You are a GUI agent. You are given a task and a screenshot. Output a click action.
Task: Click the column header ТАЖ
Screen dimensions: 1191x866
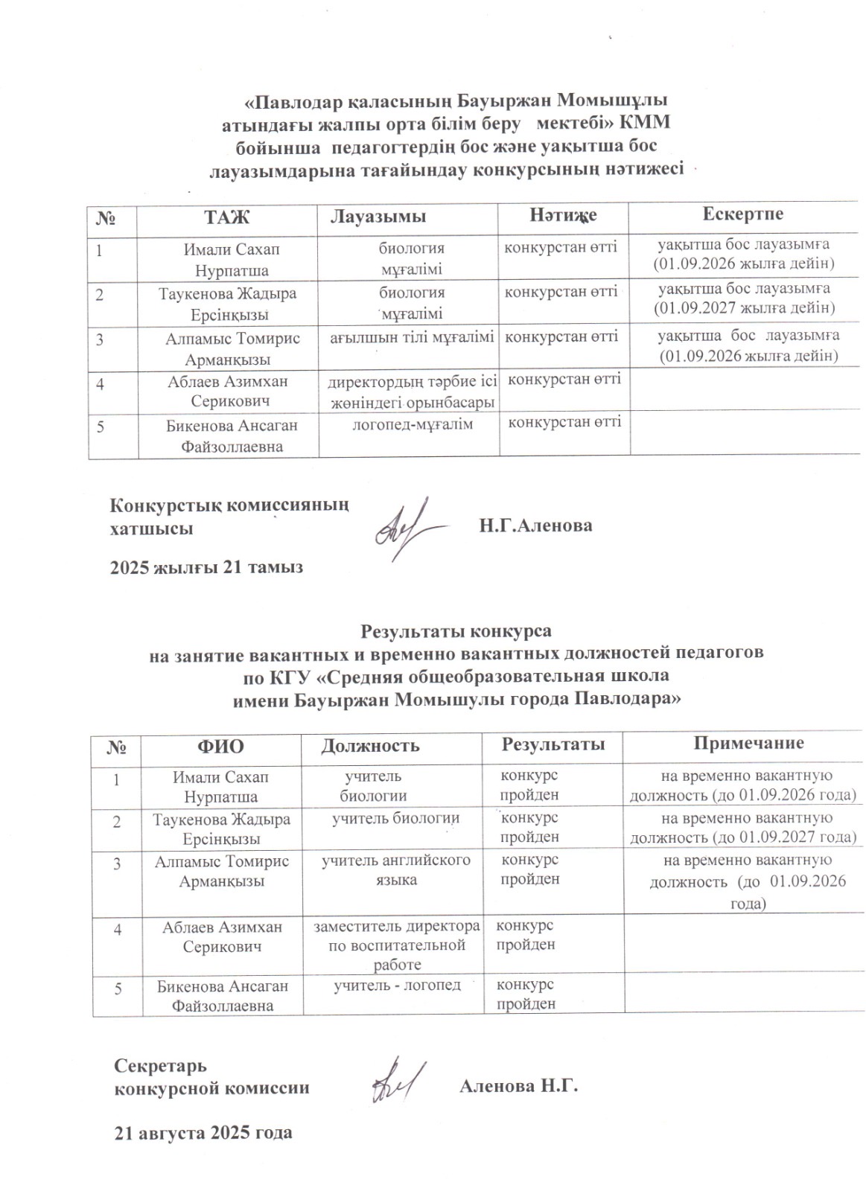227,217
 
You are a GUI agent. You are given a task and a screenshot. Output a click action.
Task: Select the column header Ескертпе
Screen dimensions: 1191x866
742,214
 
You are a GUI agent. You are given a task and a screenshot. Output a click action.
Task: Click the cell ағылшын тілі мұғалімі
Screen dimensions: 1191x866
412,337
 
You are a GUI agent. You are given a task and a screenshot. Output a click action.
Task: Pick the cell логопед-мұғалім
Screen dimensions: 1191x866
412,424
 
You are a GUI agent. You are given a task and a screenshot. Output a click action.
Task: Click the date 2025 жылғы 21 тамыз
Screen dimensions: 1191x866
206,567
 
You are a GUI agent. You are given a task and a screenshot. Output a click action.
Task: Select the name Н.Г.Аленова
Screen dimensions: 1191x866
535,526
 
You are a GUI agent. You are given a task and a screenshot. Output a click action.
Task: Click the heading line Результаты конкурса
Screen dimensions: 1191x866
456,632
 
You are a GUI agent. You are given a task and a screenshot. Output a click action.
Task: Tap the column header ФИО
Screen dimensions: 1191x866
220,745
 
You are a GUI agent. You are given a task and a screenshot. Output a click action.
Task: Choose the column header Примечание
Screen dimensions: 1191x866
748,743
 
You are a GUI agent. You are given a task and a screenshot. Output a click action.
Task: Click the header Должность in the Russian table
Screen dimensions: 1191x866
369,745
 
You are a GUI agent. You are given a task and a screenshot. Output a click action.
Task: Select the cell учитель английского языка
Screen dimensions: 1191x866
395,870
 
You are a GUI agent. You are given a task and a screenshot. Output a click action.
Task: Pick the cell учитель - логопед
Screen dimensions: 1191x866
396,986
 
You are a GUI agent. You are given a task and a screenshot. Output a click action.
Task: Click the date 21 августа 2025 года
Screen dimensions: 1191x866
203,1133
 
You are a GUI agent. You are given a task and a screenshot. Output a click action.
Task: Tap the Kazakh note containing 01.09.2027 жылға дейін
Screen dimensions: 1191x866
744,298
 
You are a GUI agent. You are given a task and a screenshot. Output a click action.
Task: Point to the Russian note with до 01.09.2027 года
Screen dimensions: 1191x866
742,828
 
